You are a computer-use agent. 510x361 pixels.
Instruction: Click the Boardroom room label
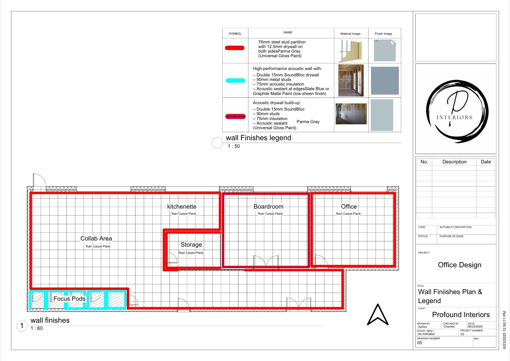tap(268, 207)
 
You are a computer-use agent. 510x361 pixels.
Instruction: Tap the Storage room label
tap(191, 245)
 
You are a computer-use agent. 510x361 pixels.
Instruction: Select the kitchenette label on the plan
tap(182, 207)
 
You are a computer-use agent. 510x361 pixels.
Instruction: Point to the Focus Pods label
tap(69, 299)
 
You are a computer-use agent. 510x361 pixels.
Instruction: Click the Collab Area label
tap(96, 238)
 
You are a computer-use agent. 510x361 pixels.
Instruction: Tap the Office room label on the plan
tap(349, 207)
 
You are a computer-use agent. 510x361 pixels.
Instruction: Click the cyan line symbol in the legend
tap(235, 81)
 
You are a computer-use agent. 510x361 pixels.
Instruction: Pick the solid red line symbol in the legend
tap(235, 48)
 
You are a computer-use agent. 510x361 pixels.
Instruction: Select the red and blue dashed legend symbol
tap(235, 116)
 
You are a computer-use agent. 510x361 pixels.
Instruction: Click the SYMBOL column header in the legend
tap(235, 34)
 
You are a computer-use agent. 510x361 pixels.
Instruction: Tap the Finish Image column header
tap(383, 34)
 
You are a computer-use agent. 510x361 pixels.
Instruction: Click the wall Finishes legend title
tap(258, 138)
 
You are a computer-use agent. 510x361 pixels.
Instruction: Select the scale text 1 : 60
tap(36, 328)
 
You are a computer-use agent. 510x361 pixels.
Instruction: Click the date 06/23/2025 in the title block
tap(475, 327)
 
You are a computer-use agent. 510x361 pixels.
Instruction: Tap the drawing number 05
tap(419, 343)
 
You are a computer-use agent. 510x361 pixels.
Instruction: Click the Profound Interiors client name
tap(461, 315)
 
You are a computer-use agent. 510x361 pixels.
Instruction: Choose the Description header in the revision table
tap(454, 162)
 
